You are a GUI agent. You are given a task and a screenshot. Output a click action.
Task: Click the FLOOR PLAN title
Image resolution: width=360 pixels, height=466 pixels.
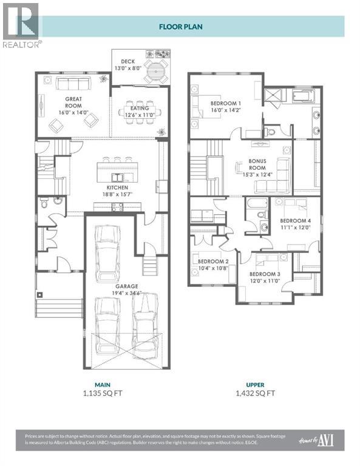pyautogui.click(x=180, y=27)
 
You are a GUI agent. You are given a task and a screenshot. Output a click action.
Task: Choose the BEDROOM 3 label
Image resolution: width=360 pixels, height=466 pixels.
pyautogui.click(x=265, y=274)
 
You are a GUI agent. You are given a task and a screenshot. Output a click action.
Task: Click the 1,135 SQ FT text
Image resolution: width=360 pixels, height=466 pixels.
pyautogui.click(x=101, y=393)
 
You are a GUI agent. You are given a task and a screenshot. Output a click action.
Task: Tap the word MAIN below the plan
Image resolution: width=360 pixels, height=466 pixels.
pyautogui.click(x=101, y=384)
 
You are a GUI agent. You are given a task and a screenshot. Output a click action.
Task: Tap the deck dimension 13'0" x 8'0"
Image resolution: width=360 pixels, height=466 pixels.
pyautogui.click(x=127, y=69)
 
